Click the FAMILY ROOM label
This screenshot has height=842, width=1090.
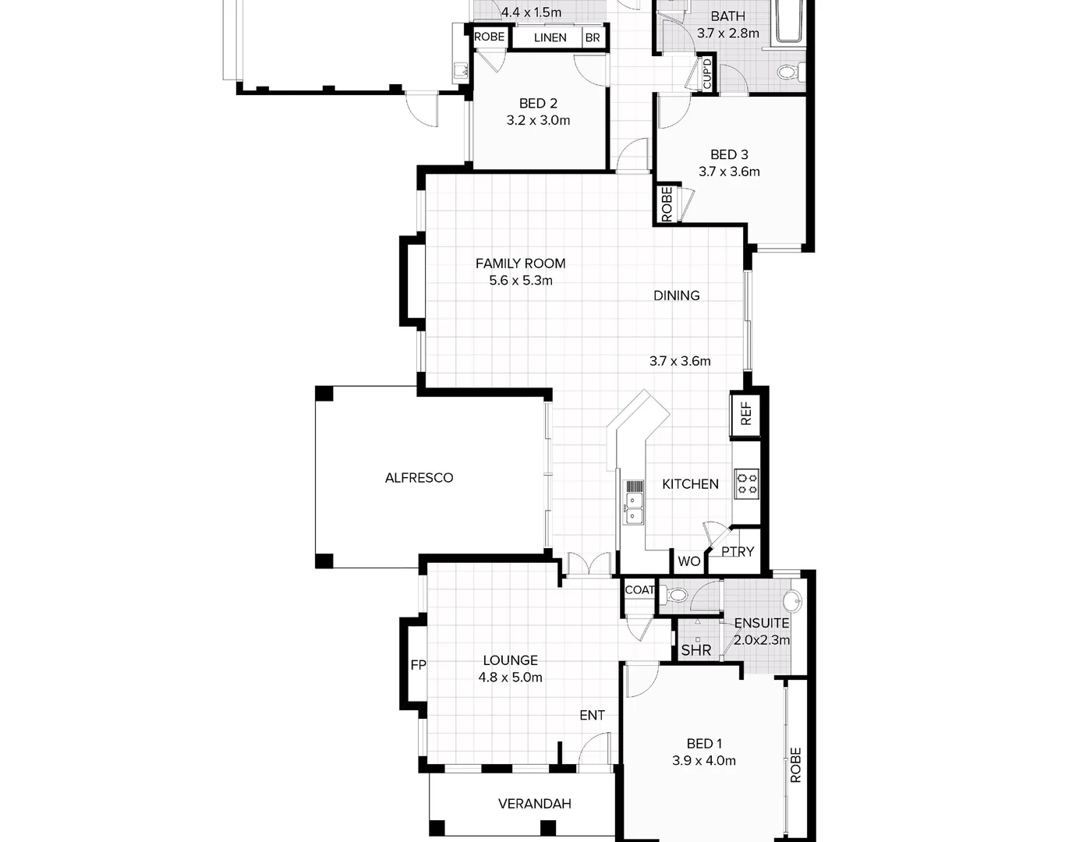click(x=520, y=264)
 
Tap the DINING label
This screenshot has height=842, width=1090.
click(x=676, y=295)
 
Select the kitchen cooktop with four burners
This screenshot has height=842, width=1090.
click(x=746, y=483)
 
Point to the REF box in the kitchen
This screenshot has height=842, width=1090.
click(x=745, y=413)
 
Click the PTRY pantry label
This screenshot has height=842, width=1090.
click(x=737, y=552)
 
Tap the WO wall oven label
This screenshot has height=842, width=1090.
click(x=688, y=561)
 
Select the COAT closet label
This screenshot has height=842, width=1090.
click(x=639, y=590)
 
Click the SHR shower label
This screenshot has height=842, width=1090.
click(x=695, y=649)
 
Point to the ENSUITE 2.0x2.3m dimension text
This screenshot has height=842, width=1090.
click(x=762, y=640)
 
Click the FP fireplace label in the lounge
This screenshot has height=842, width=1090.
click(x=418, y=665)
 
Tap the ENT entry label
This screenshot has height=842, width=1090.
click(x=592, y=715)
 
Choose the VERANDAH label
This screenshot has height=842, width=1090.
click(x=535, y=803)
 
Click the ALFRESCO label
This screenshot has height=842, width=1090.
click(x=419, y=478)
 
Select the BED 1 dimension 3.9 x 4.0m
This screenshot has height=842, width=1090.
click(x=704, y=761)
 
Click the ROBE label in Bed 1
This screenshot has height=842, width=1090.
click(x=795, y=765)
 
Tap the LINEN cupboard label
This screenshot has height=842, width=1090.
click(x=550, y=37)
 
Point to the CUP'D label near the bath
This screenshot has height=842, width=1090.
click(x=707, y=73)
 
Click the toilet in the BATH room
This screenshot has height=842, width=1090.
click(x=787, y=73)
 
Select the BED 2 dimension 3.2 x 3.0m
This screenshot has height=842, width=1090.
click(x=538, y=120)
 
